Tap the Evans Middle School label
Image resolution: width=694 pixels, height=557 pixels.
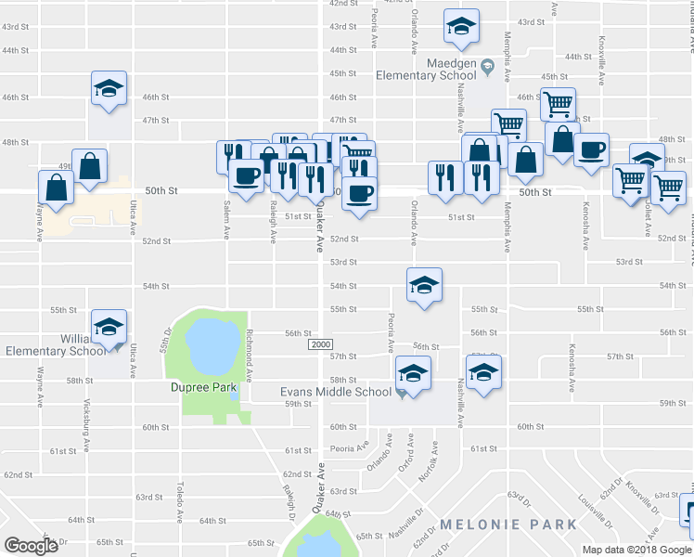coord(336,392)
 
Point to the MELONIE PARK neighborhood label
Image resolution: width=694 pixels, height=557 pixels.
coord(508,525)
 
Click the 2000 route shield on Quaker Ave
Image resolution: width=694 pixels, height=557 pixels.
coord(320,344)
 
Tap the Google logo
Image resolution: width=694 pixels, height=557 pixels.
coord(31,545)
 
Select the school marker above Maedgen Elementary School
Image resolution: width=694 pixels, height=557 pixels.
coord(461,28)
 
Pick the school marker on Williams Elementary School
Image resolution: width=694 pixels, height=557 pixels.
coord(109,327)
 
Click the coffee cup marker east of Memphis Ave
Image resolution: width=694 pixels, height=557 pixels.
coord(591,149)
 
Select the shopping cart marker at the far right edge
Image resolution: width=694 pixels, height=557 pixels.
coord(668,187)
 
